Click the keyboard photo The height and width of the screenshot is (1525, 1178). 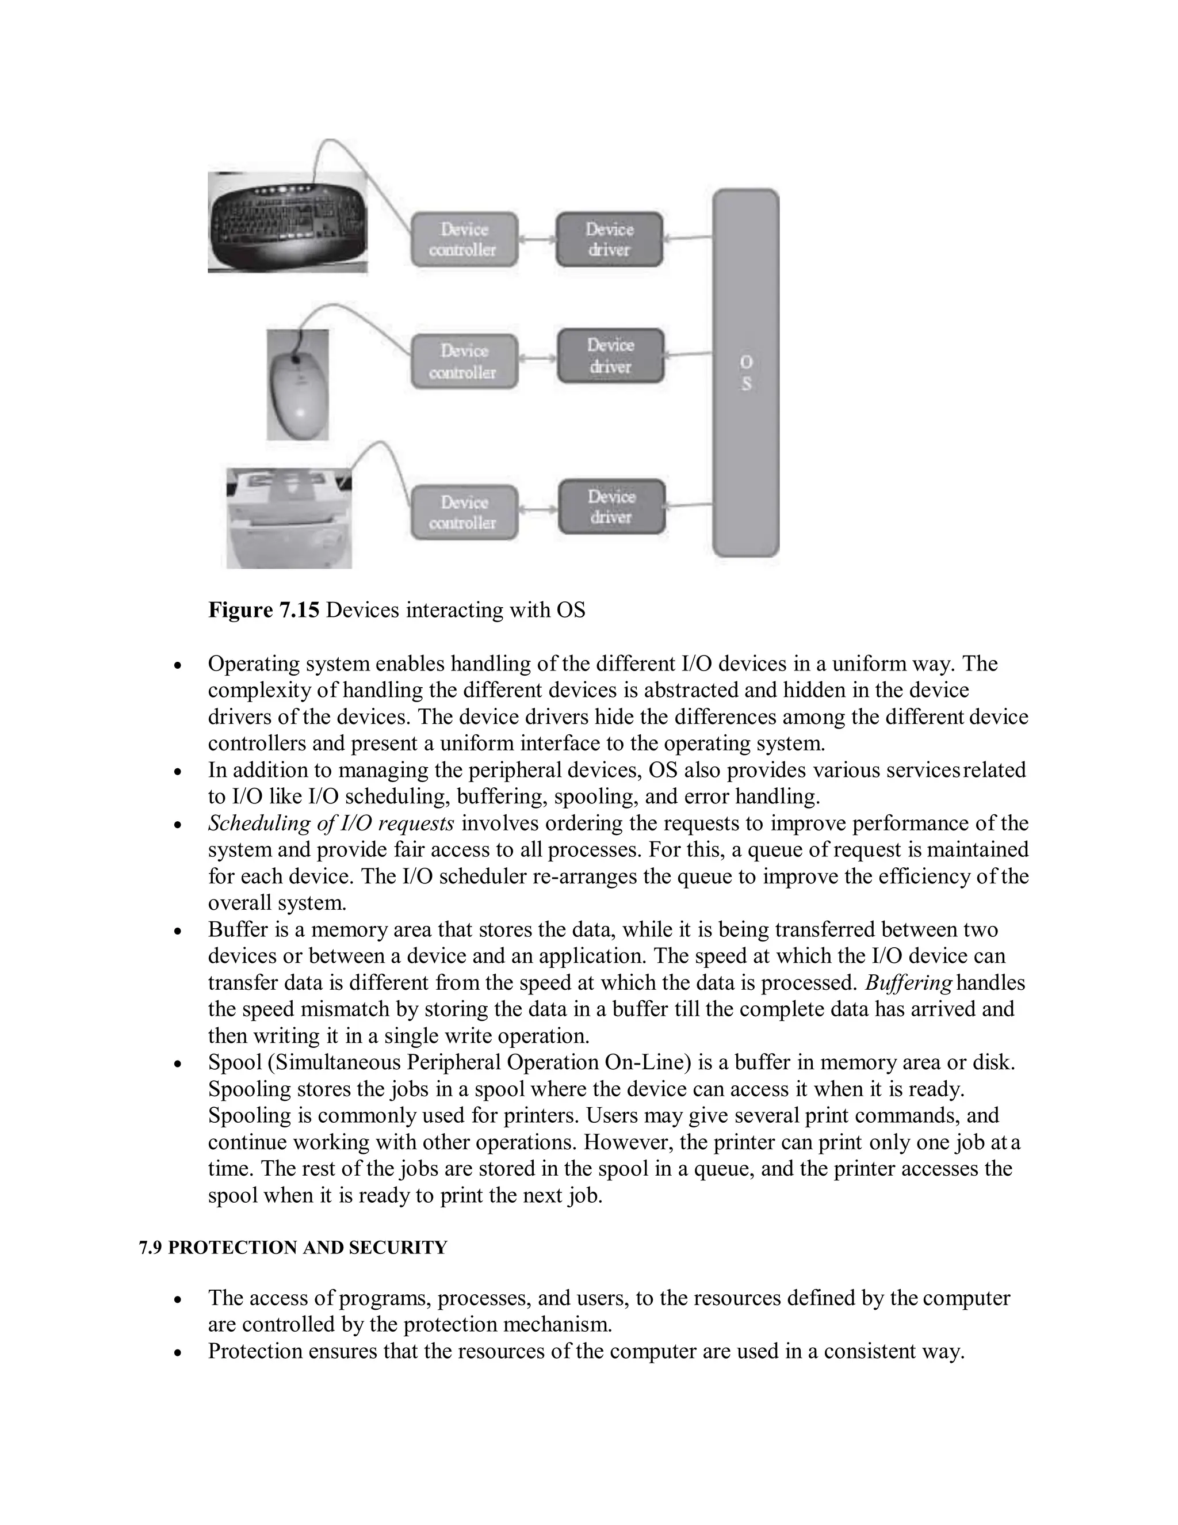(288, 222)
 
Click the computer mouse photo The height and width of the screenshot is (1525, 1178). (297, 385)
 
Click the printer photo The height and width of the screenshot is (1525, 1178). (289, 518)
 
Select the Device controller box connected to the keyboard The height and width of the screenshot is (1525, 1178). (464, 239)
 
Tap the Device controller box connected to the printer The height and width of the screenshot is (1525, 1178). (464, 513)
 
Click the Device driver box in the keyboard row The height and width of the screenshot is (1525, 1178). (609, 239)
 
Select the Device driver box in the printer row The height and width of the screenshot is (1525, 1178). (612, 507)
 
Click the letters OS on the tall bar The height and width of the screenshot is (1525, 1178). (746, 373)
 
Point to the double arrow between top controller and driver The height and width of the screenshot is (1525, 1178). (537, 239)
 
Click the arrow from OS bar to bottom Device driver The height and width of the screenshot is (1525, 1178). (689, 505)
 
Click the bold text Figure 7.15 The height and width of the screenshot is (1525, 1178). (263, 610)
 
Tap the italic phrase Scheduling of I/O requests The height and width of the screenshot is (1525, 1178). (331, 823)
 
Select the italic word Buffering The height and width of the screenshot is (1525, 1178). (908, 983)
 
